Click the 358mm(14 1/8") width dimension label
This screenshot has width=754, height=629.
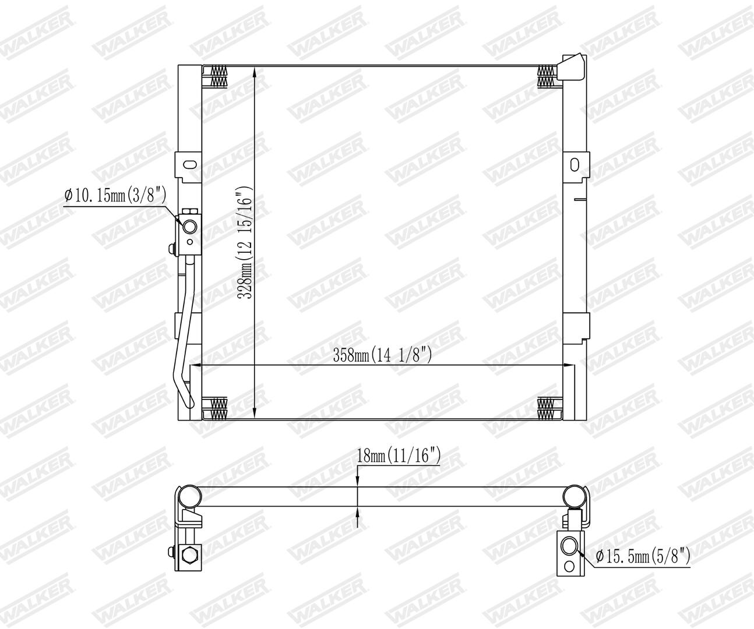coord(382,355)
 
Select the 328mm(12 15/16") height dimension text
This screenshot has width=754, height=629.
coord(245,242)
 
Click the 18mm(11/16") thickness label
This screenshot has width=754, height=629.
coord(399,455)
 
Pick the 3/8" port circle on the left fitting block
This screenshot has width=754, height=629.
coord(189,227)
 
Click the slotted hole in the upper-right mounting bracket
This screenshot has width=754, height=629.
coord(575,165)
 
